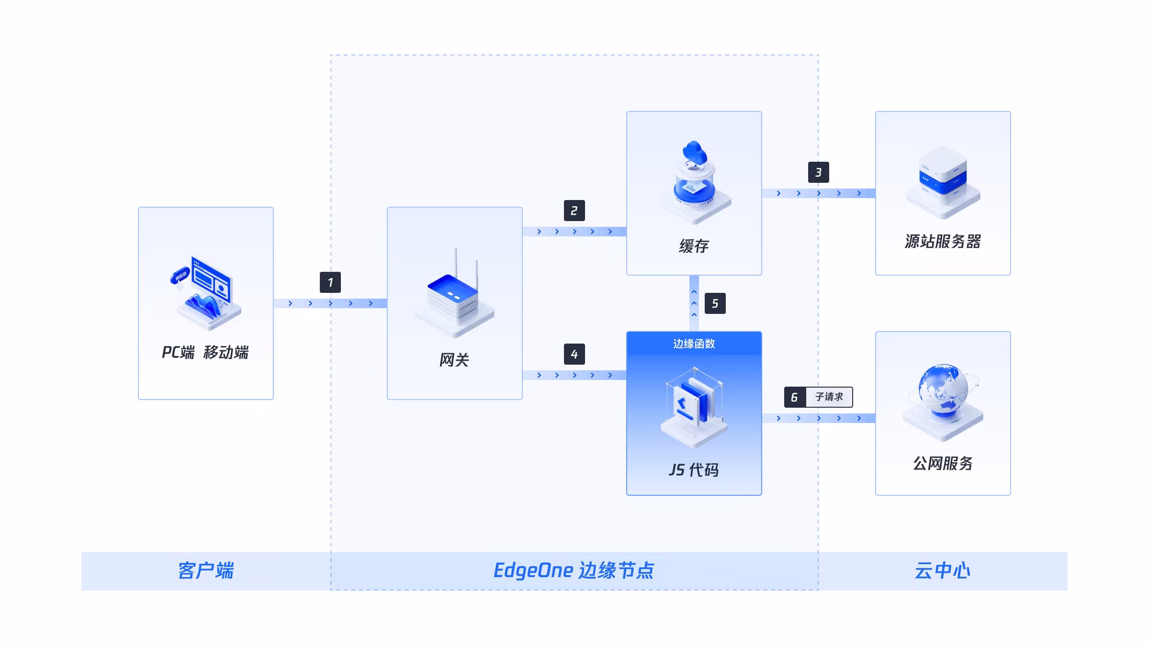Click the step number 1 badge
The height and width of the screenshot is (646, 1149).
pyautogui.click(x=330, y=282)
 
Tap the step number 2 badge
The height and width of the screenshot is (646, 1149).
pyautogui.click(x=574, y=211)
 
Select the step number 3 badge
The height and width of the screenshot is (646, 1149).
pyautogui.click(x=819, y=172)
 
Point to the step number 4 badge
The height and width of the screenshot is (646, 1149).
pyautogui.click(x=574, y=354)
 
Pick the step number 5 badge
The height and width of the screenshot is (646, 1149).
pyautogui.click(x=715, y=303)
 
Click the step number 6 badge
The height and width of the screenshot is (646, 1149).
pyautogui.click(x=795, y=397)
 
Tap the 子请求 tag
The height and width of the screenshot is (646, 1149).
pyautogui.click(x=829, y=397)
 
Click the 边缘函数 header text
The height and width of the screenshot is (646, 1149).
pyautogui.click(x=694, y=344)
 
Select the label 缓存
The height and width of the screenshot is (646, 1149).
pyautogui.click(x=694, y=246)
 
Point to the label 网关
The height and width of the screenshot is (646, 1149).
pyautogui.click(x=454, y=360)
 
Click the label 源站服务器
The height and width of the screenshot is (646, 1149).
pyautogui.click(x=943, y=241)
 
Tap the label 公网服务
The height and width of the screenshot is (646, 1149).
pyautogui.click(x=943, y=463)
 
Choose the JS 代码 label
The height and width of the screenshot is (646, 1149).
pyautogui.click(x=694, y=470)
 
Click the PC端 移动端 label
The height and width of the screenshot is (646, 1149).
pyautogui.click(x=205, y=352)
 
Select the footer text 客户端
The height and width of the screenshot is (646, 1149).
pyautogui.click(x=206, y=570)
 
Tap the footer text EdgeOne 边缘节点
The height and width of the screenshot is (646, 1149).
pyautogui.click(x=574, y=570)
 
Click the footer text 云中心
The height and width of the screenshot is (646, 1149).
pyautogui.click(x=942, y=570)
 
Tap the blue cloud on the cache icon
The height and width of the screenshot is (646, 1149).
pyautogui.click(x=695, y=152)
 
